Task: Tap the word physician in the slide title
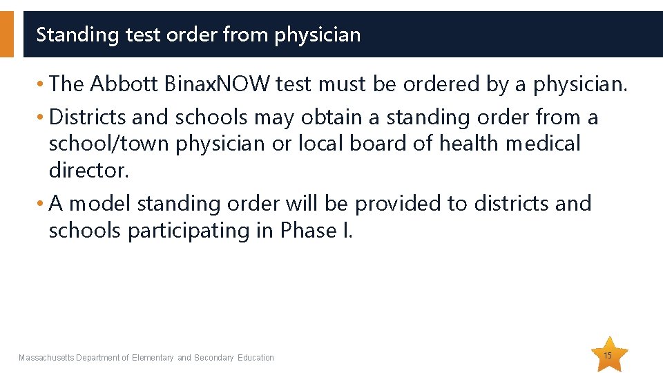coord(318,35)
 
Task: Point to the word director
coord(89,170)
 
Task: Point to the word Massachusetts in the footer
coord(46,358)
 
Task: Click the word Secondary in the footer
coord(215,358)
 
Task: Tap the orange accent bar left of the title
coord(6,34)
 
